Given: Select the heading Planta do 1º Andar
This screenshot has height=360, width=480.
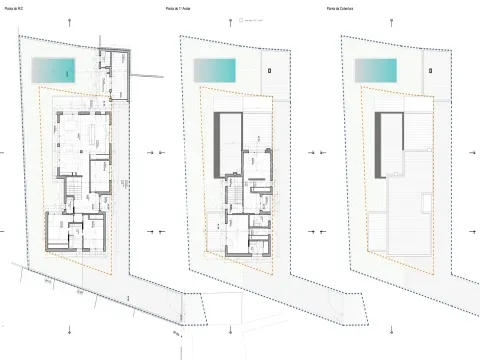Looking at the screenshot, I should [181, 9].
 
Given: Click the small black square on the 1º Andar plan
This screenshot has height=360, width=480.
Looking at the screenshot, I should [271, 69].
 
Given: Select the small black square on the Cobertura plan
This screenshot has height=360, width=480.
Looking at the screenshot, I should [432, 69].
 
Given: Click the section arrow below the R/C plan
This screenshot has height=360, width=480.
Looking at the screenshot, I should [70, 329].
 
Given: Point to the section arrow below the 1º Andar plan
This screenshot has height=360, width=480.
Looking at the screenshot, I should [232, 329].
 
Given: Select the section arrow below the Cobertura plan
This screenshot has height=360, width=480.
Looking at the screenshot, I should [393, 329].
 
